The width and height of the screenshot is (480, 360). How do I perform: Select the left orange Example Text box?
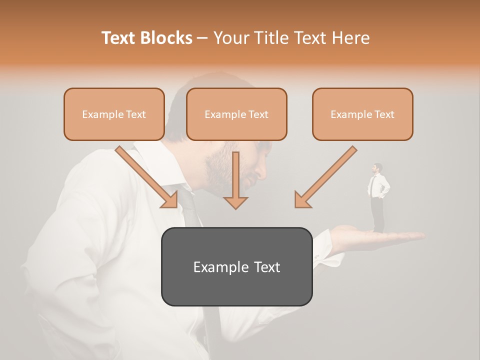point(114,114)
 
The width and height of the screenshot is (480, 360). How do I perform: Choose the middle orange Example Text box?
point(236,114)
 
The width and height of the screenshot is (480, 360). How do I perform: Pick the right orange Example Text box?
point(362,114)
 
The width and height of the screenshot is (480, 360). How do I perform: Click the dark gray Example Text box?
point(236,266)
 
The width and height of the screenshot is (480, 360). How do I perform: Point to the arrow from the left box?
point(147,177)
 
